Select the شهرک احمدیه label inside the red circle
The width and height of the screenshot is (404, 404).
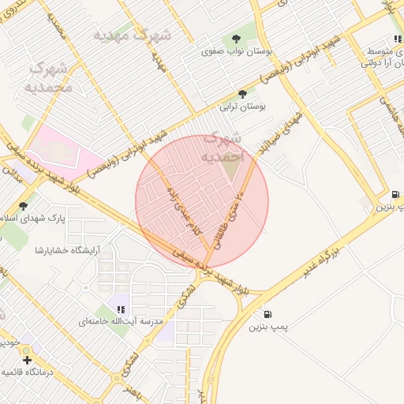point(224,148)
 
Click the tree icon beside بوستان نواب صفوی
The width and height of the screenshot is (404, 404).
point(236,39)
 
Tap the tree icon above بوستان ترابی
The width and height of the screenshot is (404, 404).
point(242,94)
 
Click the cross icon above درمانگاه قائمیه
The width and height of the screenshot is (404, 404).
point(28,360)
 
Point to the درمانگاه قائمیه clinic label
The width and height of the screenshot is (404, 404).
point(32,372)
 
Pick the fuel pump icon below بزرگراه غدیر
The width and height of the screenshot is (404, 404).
point(269,314)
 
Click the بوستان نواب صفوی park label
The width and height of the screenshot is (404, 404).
point(230,51)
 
